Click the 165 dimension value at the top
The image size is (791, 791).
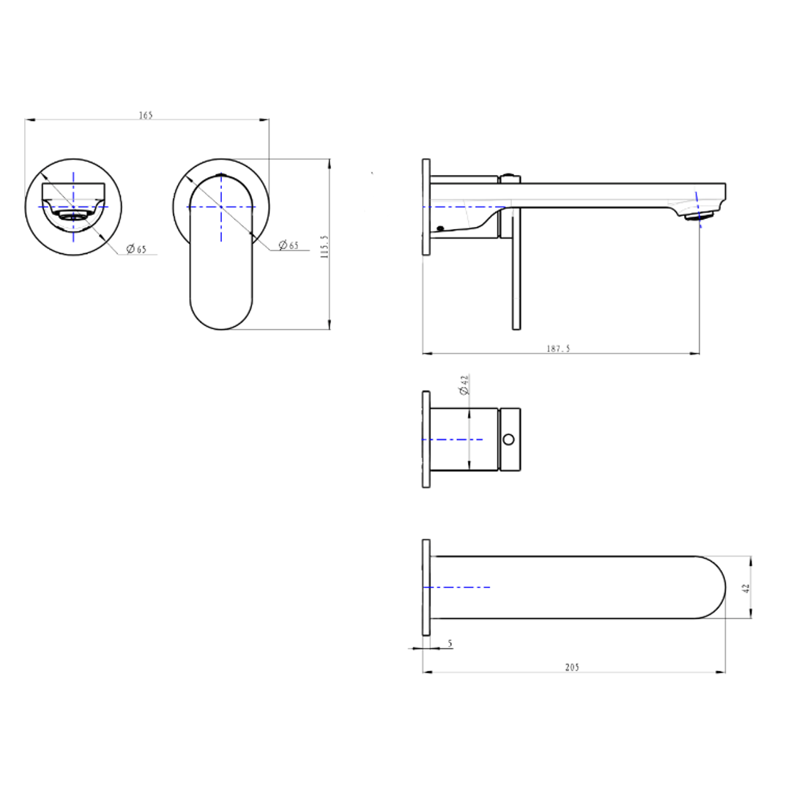point(146,115)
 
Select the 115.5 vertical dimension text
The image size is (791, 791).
point(324,247)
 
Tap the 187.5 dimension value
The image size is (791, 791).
point(558,349)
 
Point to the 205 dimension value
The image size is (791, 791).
point(572,666)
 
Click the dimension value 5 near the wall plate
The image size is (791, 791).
point(450,643)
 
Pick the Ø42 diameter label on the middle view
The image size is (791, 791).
point(463,385)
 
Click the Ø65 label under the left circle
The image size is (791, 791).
point(136,249)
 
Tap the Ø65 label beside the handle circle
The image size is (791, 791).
point(289,245)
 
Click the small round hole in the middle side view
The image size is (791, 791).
point(508,439)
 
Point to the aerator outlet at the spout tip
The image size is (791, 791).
point(697,216)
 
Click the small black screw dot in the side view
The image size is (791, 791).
point(439,229)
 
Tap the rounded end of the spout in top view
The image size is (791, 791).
point(714,587)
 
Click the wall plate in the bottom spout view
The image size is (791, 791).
point(426,587)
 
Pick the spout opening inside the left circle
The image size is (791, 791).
point(73,216)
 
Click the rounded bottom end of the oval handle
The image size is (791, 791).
point(221,315)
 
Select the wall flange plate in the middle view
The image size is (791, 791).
point(426,439)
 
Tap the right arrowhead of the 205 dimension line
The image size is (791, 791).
point(722,672)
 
